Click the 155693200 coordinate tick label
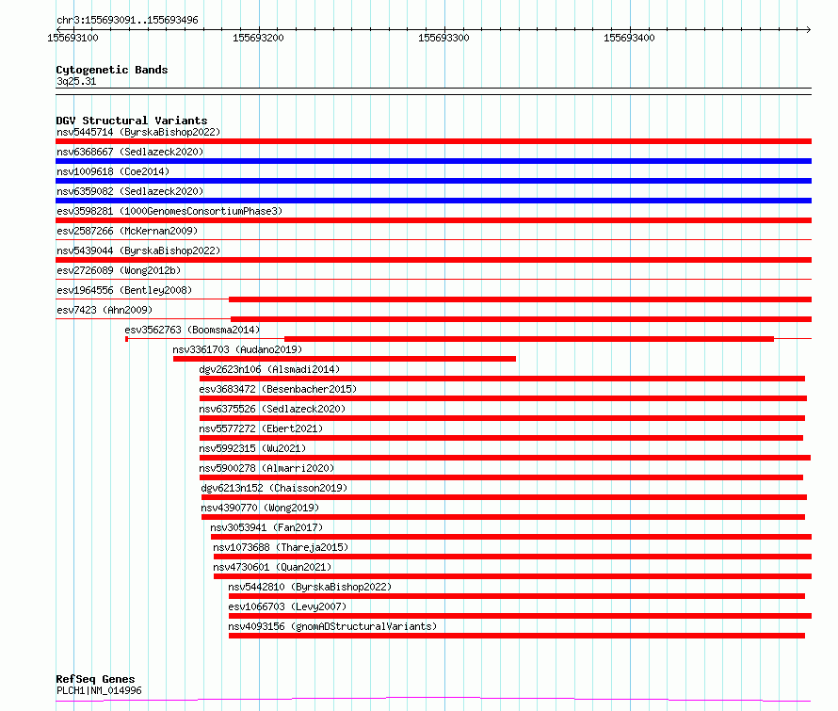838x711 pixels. coord(258,38)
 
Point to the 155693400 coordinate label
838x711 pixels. coord(629,38)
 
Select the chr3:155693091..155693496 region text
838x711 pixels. coord(127,20)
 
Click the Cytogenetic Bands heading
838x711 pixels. coord(112,70)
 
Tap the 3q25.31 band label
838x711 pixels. coord(76,81)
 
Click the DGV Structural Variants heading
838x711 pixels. coord(132,121)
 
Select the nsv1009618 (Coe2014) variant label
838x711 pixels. coord(113,171)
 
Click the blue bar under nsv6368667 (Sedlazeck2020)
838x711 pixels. coord(433,161)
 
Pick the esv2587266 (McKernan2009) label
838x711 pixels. coord(127,231)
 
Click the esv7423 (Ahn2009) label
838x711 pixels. coord(105,310)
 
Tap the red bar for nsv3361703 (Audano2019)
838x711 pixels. coord(345,359)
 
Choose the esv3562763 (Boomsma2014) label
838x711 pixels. coord(192,330)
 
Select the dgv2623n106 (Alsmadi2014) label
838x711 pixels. coord(269,369)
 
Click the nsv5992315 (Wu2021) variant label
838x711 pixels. coord(252,448)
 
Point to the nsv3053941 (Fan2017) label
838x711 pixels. coord(266,527)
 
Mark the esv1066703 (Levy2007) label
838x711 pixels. coord(287,606)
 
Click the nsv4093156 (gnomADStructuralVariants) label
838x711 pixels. coord(332,626)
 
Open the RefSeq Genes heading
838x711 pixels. coord(95,679)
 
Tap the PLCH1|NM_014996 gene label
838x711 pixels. coord(99,690)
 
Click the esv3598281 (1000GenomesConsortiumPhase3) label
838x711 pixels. coord(169,211)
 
